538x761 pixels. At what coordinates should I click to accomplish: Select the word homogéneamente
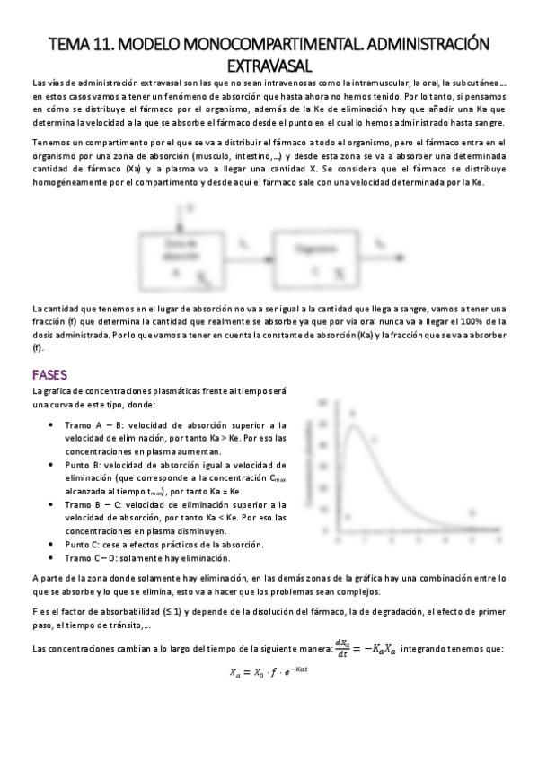[x=68, y=182]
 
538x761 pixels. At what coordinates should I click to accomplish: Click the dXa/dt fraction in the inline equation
[x=341, y=647]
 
